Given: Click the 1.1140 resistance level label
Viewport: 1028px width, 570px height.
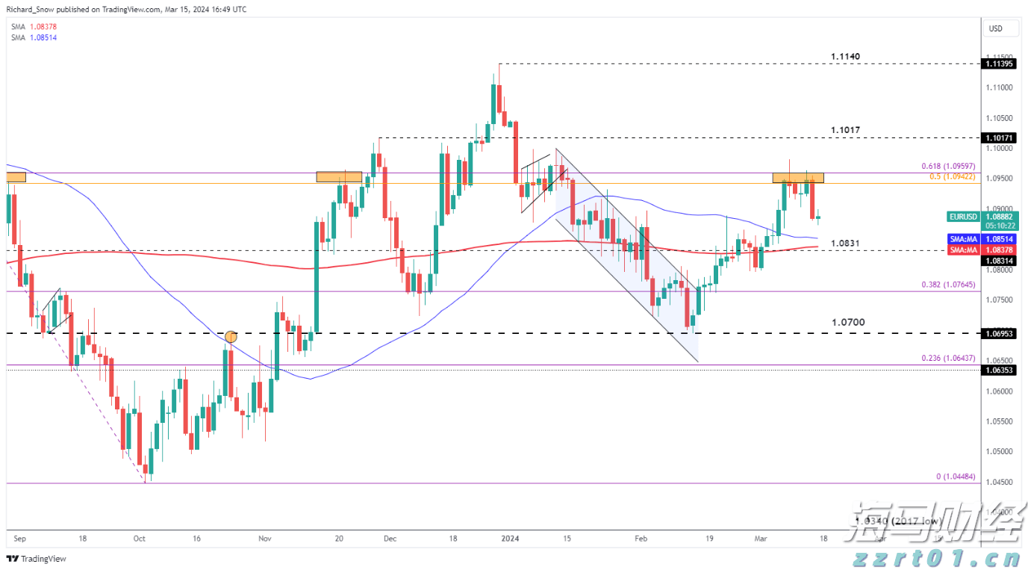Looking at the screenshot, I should pos(845,57).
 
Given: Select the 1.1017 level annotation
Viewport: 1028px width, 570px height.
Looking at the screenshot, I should pos(845,130).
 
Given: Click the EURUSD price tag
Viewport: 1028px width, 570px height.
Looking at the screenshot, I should pos(962,217).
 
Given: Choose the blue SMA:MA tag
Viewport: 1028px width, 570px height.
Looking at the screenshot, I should pos(962,238).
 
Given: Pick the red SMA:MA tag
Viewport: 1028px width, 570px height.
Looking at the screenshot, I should pos(962,250).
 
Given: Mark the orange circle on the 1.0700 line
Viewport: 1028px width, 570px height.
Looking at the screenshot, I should pos(231,338).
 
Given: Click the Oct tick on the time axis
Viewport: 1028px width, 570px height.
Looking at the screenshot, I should pos(140,537).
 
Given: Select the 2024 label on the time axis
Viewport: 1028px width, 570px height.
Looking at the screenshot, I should pos(511,537).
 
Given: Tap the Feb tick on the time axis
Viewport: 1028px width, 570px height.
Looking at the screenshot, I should pos(641,537).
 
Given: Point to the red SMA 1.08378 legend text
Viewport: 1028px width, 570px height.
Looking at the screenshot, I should pos(34,26).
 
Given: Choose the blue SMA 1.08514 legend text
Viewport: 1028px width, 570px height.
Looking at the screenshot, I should pos(34,37).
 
